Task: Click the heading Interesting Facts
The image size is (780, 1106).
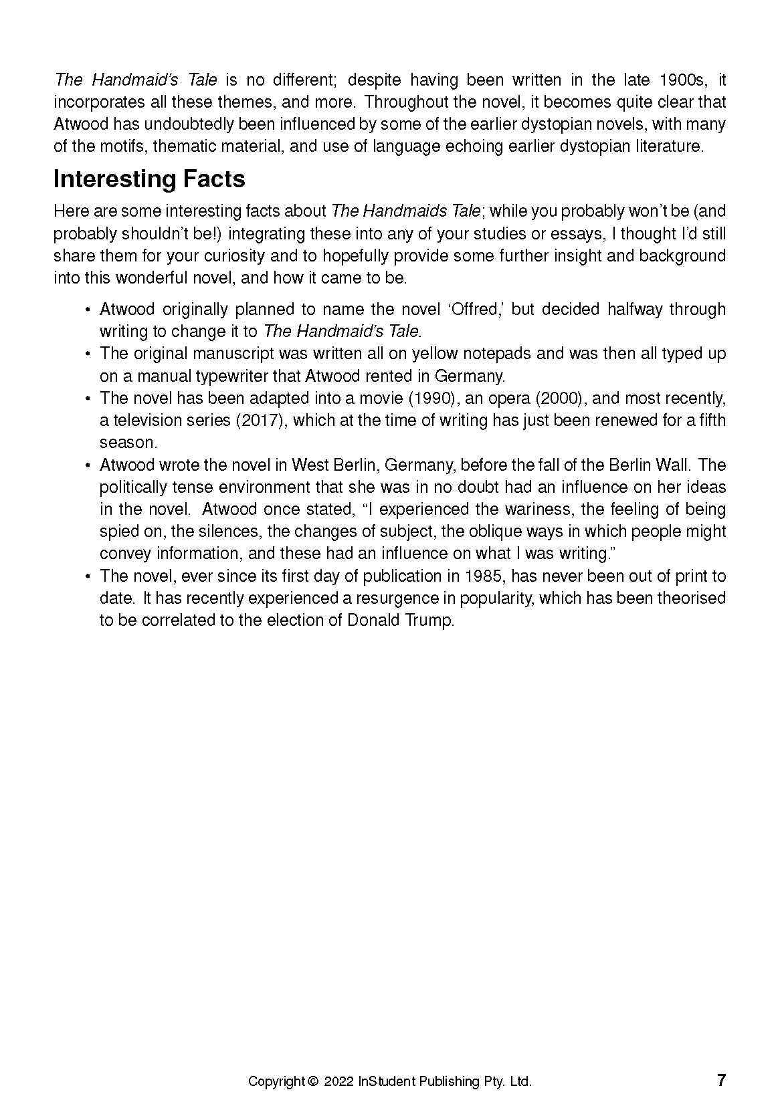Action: tap(149, 179)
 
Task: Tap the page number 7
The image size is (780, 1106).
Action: tap(721, 1080)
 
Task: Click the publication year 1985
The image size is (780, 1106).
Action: tap(483, 576)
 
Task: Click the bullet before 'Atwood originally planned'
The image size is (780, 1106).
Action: tap(88, 310)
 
